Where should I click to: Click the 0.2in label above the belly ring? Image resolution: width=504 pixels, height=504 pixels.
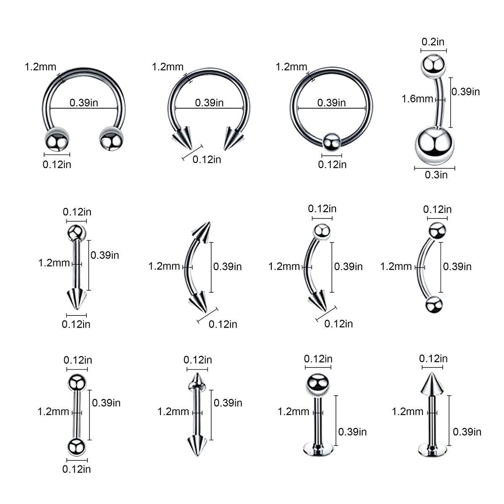(433, 42)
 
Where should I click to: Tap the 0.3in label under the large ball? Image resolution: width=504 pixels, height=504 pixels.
(436, 175)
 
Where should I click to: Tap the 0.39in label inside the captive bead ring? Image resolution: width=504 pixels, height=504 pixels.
(331, 102)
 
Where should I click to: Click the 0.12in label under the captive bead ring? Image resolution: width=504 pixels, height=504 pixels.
(332, 165)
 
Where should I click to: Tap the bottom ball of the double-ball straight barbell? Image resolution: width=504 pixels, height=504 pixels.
(76, 447)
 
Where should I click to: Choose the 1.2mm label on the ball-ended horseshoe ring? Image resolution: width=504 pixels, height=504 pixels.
(40, 66)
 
